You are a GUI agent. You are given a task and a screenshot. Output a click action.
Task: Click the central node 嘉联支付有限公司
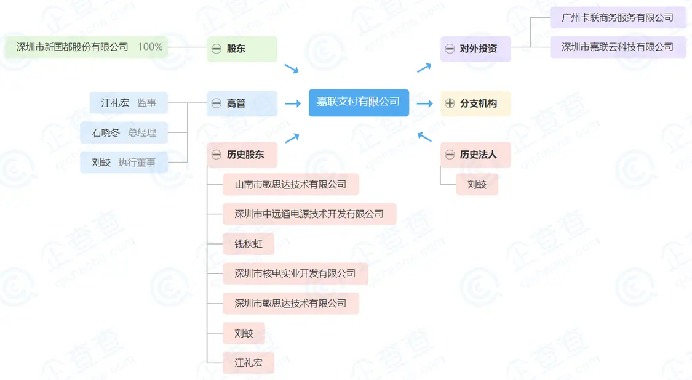[359, 102]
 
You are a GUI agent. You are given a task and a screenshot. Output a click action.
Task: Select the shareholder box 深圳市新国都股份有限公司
[73, 47]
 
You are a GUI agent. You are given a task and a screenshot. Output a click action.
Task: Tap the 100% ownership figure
[150, 47]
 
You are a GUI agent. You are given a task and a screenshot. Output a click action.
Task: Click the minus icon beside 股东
[217, 49]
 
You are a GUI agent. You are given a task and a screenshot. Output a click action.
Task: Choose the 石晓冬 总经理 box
[124, 132]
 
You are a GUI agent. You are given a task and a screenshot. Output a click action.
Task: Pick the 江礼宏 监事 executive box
[129, 103]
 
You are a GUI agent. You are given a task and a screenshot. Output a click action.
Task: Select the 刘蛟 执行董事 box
[124, 163]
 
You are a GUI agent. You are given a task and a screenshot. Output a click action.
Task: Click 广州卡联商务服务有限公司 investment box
[618, 17]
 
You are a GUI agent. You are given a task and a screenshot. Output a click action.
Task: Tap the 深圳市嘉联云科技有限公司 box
[618, 47]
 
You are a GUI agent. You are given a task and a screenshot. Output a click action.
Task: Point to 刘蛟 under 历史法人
[477, 184]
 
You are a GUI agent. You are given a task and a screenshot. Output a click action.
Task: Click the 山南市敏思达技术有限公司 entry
[290, 184]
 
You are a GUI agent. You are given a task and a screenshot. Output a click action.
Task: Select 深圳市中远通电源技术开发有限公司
[309, 214]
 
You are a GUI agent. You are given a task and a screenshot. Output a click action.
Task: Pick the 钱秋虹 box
[249, 244]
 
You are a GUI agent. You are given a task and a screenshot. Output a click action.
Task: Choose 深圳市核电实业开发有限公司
[295, 273]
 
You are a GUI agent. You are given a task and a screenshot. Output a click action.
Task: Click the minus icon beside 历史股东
[217, 155]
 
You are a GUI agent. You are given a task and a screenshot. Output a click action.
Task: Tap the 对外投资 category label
[478, 49]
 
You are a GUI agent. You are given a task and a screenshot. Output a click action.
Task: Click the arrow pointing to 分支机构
[424, 103]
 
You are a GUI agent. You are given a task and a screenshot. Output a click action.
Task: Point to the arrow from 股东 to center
[291, 68]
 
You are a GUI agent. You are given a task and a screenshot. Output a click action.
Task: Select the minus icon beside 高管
[217, 103]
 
